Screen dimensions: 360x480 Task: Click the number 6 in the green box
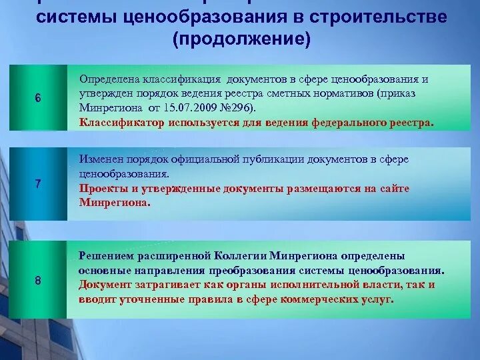(x=38, y=98)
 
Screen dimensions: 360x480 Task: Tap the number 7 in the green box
(x=38, y=184)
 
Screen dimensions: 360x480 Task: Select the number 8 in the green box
(x=38, y=281)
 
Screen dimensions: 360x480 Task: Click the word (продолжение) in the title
(x=241, y=40)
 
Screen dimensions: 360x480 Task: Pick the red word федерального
(x=349, y=123)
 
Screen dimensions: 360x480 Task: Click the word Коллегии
(x=241, y=256)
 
